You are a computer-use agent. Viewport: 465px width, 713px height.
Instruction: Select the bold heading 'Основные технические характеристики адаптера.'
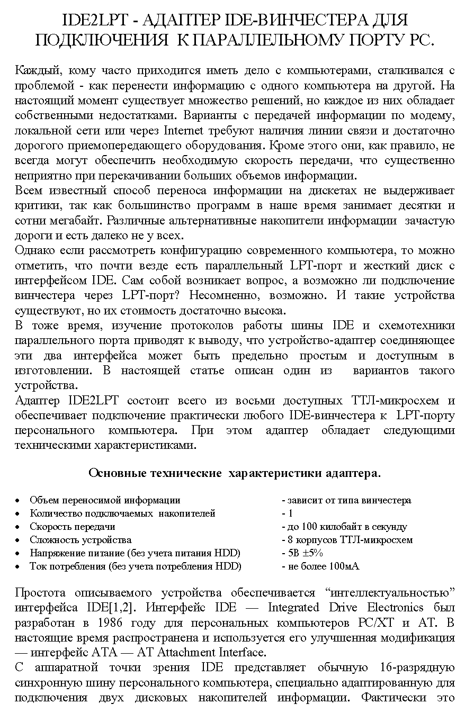coord(234,473)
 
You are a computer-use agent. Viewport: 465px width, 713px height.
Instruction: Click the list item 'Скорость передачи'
coord(73,527)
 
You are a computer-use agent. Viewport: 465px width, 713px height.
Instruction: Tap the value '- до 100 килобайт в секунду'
coord(344,527)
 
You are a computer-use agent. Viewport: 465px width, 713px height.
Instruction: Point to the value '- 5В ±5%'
coord(302,553)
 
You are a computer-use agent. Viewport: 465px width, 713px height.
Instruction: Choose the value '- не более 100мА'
coord(320,566)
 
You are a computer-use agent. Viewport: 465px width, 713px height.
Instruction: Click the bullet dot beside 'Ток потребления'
coord(19,567)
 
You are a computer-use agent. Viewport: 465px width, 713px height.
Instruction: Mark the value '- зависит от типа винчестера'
coord(346,500)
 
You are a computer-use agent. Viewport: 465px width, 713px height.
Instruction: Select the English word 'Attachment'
coord(184,652)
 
